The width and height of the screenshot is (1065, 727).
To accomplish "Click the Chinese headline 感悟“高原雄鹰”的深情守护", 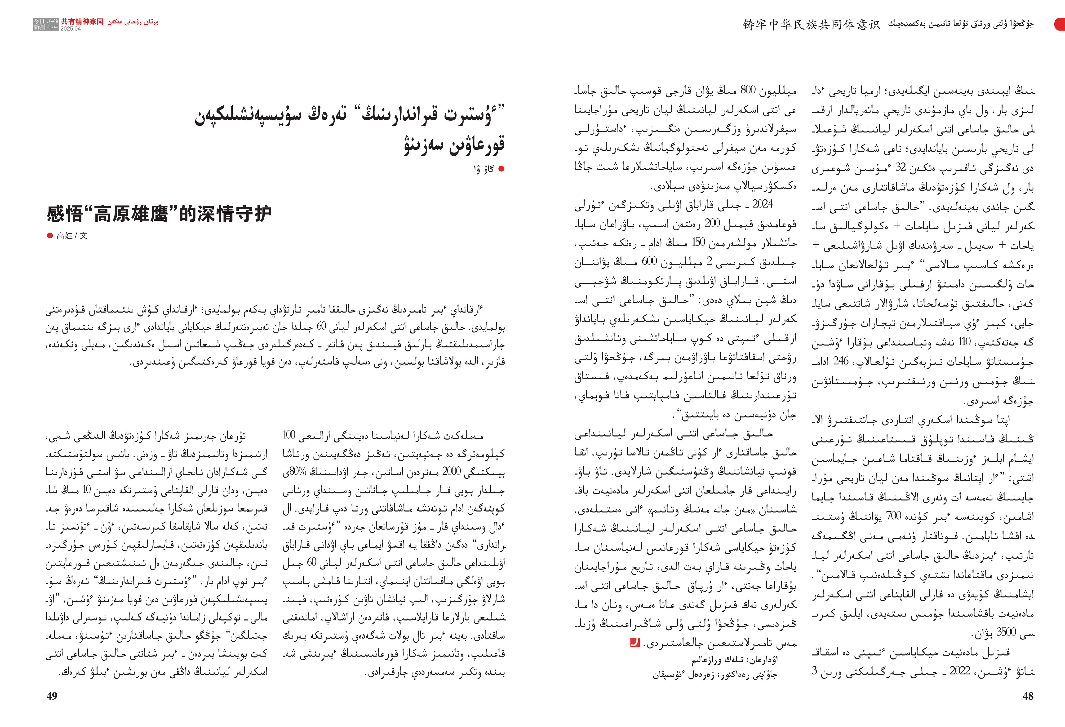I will (159, 213).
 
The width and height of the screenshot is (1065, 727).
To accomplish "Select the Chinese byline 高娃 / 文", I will (71, 236).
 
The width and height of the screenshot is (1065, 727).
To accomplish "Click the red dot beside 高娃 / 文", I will (50, 236).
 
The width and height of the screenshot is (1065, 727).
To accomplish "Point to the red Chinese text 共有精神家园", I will (83, 21).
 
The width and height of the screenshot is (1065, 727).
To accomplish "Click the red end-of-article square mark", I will (635, 643).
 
